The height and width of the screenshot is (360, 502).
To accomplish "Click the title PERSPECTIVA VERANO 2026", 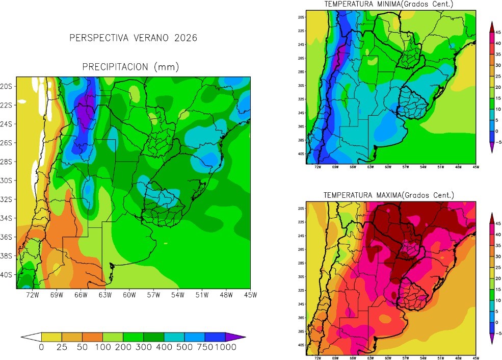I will coord(133,38).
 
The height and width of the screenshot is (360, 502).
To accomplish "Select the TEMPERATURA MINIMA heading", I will coord(389,5).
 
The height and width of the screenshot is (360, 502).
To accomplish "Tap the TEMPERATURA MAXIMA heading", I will coord(389,195).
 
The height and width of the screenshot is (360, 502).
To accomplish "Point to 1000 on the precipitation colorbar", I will coord(225,347).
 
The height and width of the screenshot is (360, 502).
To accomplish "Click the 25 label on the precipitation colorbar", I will coord(62,347).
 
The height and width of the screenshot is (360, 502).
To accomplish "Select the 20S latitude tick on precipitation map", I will coord(9,86).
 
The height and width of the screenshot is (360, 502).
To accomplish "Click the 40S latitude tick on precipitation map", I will coord(9,275).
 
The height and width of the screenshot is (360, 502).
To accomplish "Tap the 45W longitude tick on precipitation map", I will coord(250,295).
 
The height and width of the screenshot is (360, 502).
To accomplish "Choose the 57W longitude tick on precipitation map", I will coord(153,295).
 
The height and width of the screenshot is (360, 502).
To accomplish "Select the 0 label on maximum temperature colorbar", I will coord(497,322).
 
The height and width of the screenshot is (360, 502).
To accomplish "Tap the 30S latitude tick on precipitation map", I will coord(9,181).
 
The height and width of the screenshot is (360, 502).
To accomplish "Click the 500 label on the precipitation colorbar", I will coord(184,347).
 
